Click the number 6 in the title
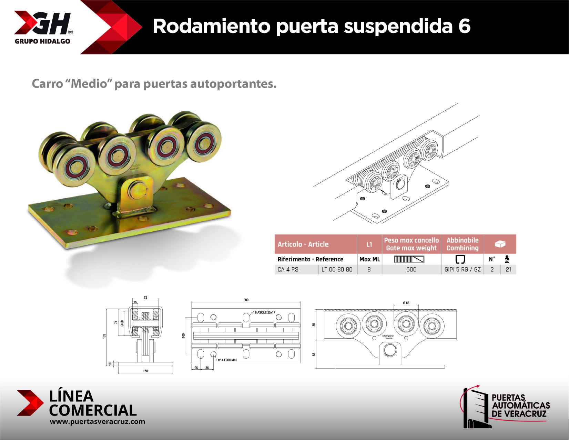tap(464, 26)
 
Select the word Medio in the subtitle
tap(89, 84)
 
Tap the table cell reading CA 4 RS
tap(288, 270)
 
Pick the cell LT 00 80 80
tap(337, 270)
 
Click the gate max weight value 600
tap(411, 270)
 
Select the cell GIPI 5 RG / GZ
tap(462, 270)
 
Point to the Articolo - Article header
tap(303, 244)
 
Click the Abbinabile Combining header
tap(462, 244)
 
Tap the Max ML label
tap(369, 259)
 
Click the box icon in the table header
tap(500, 244)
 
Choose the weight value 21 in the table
tap(508, 270)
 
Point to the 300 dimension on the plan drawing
tap(246, 300)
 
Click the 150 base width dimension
tap(145, 371)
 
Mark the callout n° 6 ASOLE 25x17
tap(263, 312)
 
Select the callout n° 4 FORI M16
tap(227, 360)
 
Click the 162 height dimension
tap(104, 336)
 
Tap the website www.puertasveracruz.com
tap(97, 422)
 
